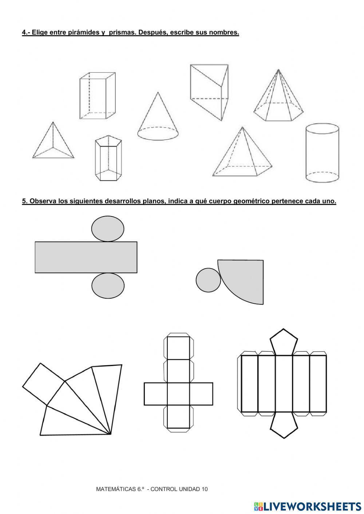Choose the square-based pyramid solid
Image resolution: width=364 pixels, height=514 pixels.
(x=242, y=155)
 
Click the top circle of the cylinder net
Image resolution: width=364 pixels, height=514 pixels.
(x=108, y=228)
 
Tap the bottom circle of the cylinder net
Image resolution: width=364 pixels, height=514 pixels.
(x=108, y=286)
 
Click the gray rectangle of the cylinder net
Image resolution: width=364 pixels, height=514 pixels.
(x=86, y=257)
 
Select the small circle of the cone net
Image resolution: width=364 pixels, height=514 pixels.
(x=208, y=280)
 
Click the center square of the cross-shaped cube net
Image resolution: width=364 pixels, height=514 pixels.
(x=178, y=394)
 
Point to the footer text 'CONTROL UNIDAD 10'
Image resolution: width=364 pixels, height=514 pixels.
(x=179, y=489)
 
